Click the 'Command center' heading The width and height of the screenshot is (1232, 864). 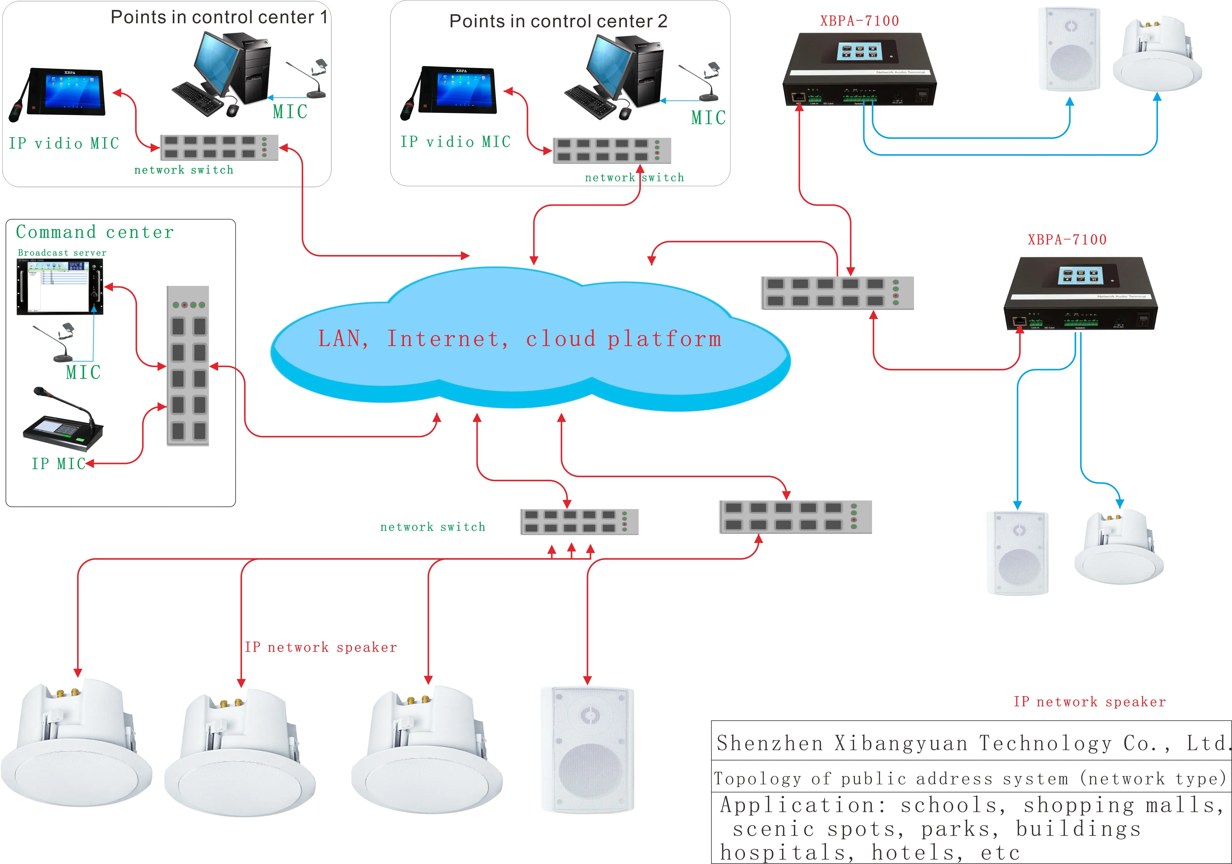[95, 232]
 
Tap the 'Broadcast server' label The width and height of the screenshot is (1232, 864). [62, 252]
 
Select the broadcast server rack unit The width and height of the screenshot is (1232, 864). [60, 287]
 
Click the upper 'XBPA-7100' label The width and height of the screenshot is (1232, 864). [859, 21]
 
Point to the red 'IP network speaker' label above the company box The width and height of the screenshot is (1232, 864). [1089, 702]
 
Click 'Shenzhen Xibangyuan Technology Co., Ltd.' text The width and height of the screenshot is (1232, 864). [971, 743]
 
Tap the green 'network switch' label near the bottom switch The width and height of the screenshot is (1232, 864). [432, 527]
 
